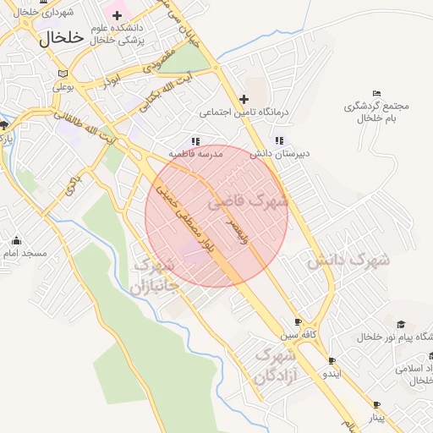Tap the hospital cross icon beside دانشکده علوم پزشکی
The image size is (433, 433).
118,16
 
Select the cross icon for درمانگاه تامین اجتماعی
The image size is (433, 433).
244,99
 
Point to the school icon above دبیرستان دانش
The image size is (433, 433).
279,141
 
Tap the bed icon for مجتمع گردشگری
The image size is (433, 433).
377,93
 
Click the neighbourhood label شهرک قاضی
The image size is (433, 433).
247,202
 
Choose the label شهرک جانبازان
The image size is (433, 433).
155,276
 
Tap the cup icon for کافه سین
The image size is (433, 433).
298,322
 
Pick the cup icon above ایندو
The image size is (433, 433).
332,360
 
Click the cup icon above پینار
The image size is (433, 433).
376,405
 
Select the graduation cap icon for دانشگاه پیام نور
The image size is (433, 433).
400,325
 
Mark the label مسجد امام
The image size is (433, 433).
24,254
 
